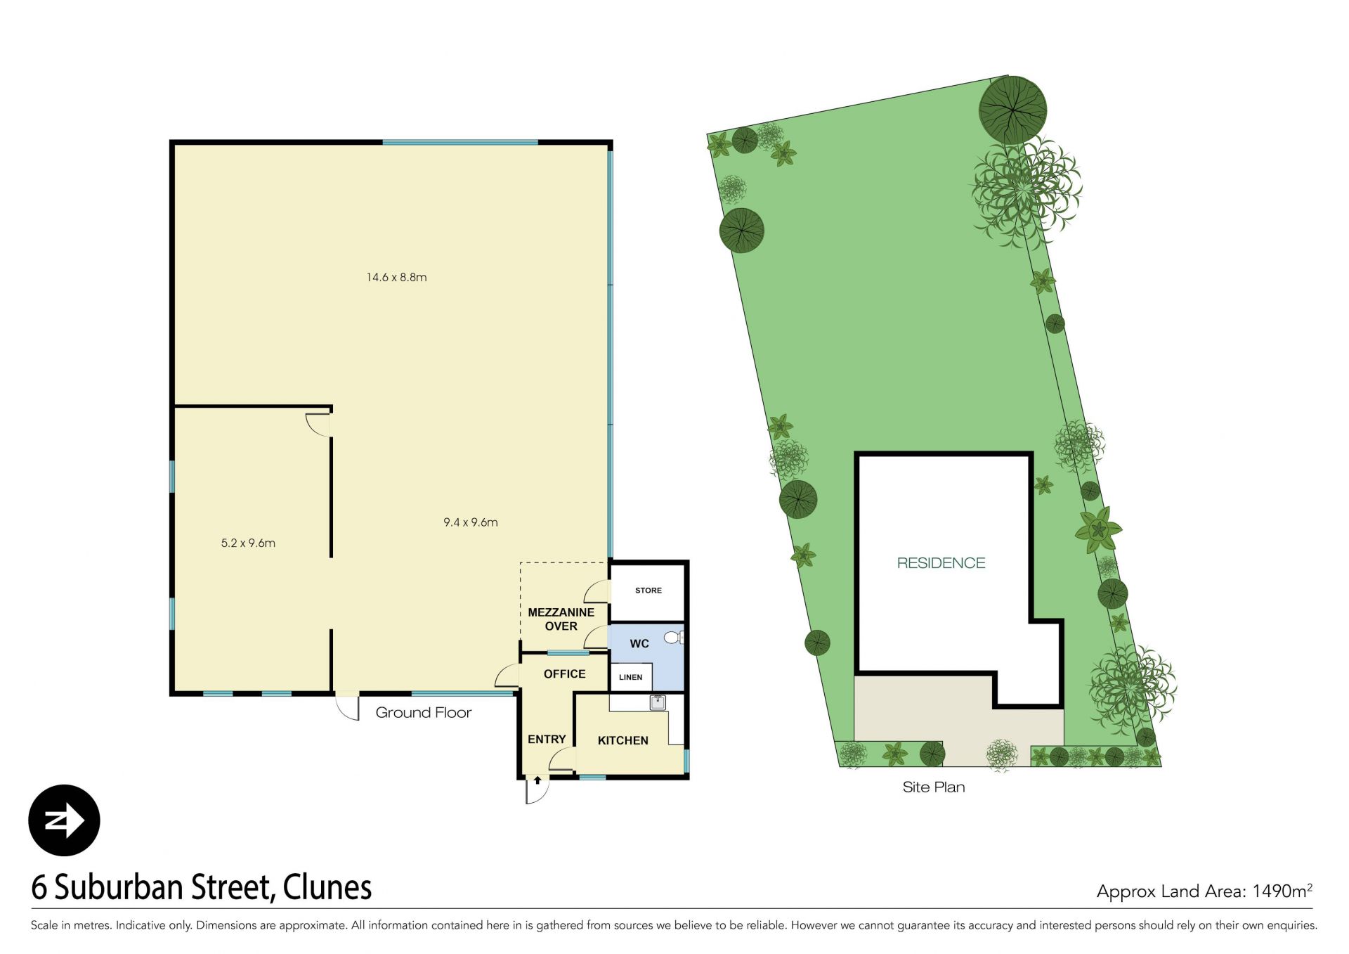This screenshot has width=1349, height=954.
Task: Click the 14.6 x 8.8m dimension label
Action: (396, 277)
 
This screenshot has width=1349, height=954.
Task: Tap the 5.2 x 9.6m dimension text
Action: (248, 543)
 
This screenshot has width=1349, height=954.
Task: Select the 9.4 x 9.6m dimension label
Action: (471, 522)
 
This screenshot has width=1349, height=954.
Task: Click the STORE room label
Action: (649, 591)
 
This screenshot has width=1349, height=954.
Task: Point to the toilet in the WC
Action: (674, 638)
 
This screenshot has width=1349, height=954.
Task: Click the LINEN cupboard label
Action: (631, 677)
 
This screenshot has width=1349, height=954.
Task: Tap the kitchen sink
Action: (658, 702)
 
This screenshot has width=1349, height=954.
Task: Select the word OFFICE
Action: (564, 673)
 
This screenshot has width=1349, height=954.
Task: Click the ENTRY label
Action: (547, 739)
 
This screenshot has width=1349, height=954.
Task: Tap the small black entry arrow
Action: (537, 780)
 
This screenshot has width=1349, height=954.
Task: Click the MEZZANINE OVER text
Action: (561, 619)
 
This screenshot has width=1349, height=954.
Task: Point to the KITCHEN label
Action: (623, 740)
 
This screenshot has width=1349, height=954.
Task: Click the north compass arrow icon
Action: (65, 820)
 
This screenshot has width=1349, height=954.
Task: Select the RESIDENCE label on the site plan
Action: (941, 563)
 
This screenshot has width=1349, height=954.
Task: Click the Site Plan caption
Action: (934, 787)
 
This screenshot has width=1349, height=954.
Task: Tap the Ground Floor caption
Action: (424, 713)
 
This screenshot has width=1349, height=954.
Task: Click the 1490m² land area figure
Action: (1282, 891)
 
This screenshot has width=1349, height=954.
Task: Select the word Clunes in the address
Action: (327, 887)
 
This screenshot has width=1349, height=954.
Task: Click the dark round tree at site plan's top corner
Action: (1012, 110)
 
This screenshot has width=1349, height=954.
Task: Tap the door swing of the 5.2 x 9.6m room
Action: (318, 425)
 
